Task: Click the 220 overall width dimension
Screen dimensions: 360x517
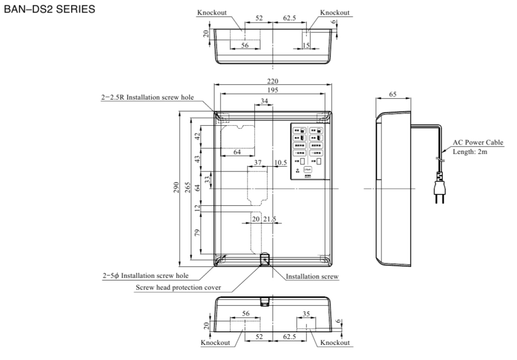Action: click(273, 81)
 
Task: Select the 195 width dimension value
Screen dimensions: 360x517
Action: click(273, 90)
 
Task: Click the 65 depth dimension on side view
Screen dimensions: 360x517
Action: click(392, 94)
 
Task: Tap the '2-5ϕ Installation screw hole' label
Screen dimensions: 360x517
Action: click(145, 276)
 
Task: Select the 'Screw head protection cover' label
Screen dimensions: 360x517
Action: click(178, 287)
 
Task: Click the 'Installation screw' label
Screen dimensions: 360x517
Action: click(312, 276)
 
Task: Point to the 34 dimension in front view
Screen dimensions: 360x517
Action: click(264, 101)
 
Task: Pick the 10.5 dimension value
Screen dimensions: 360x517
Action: click(281, 162)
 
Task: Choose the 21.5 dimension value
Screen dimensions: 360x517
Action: click(270, 219)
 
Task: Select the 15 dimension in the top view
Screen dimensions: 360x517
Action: click(306, 45)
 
